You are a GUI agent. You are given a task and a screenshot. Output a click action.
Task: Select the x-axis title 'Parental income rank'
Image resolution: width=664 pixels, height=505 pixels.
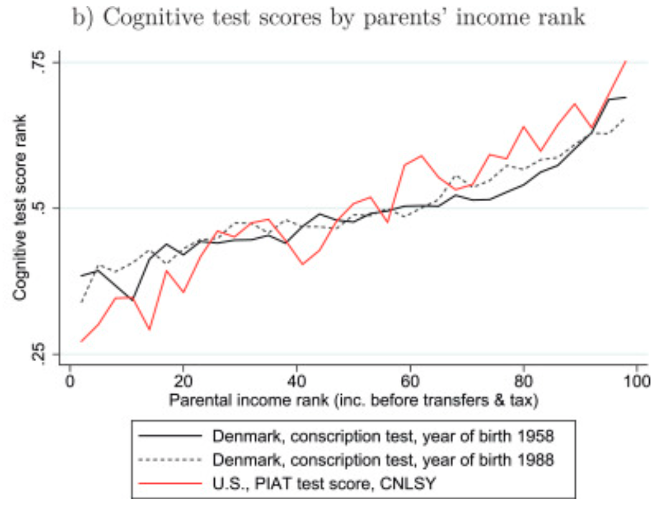(353, 400)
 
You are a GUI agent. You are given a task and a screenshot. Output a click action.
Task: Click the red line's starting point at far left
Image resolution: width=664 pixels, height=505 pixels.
(81, 341)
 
